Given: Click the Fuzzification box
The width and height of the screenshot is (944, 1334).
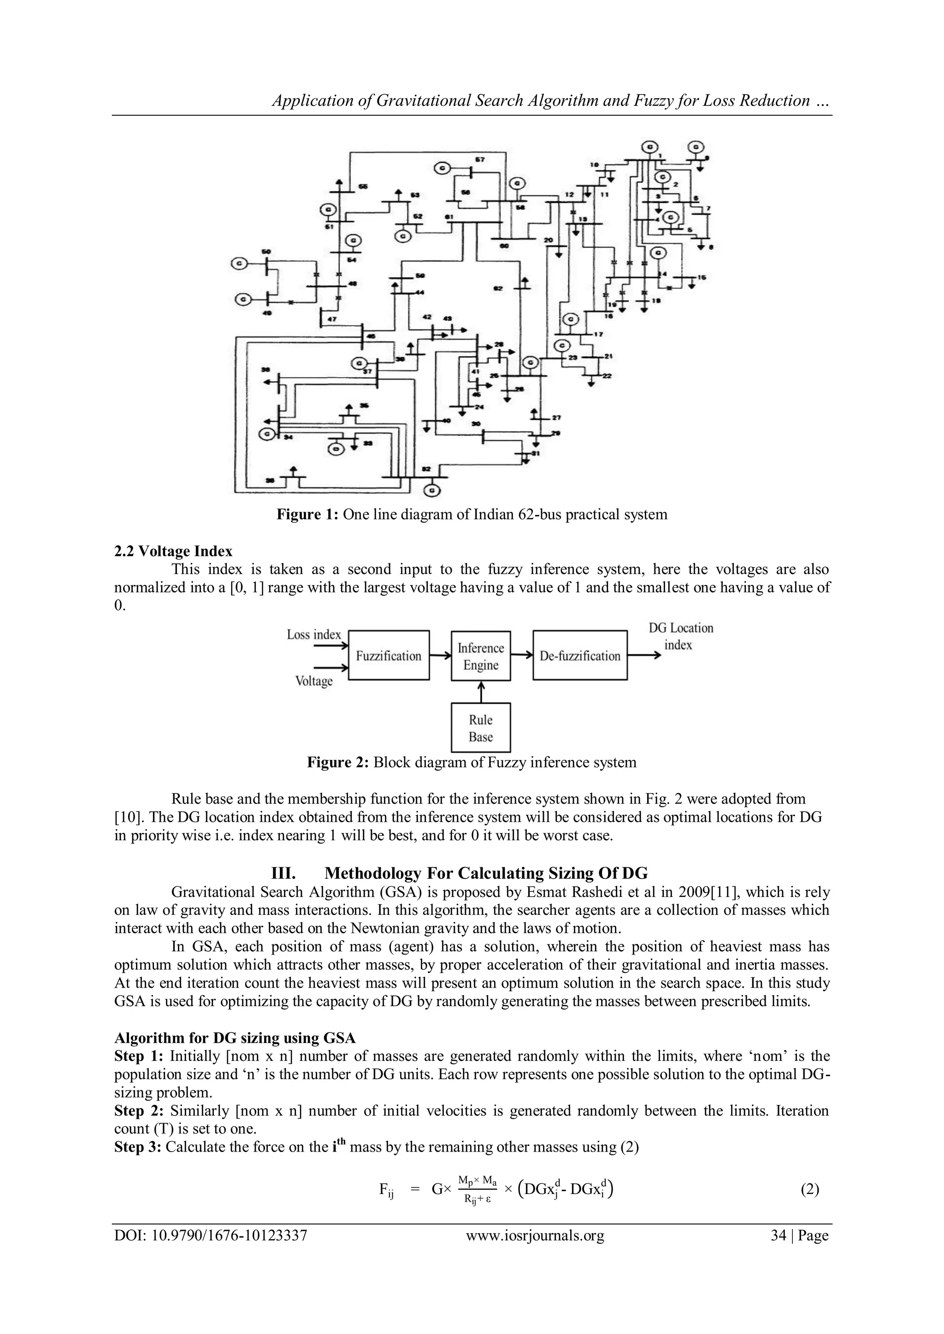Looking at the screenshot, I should [388, 655].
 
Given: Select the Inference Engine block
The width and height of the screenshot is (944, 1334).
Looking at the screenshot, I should [481, 656].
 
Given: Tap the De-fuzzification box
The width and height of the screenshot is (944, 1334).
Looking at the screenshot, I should [579, 655].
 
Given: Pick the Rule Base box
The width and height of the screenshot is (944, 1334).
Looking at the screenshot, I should [481, 727].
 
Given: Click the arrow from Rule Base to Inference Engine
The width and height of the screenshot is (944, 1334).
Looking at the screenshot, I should [481, 692].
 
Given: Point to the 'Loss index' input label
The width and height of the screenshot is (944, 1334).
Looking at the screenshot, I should [313, 634].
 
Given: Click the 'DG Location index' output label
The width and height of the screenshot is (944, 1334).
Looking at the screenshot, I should [680, 636].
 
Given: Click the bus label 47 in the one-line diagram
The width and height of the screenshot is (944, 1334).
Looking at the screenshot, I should [331, 320].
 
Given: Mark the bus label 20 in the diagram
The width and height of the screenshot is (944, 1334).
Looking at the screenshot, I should [548, 240].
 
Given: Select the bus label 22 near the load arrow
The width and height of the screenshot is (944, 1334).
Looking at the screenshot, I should [607, 376].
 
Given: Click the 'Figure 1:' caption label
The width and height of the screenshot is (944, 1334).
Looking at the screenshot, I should [307, 514].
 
